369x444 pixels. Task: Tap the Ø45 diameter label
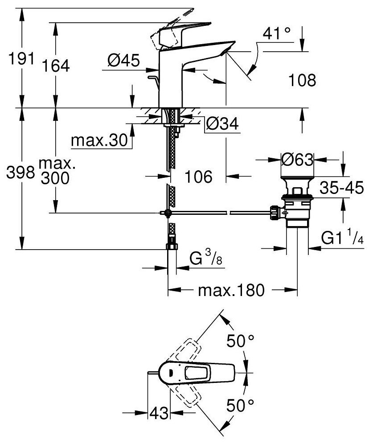[123, 59]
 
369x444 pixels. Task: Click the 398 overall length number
[18, 172]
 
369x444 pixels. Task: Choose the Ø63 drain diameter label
[297, 159]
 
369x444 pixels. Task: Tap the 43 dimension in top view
[159, 413]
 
